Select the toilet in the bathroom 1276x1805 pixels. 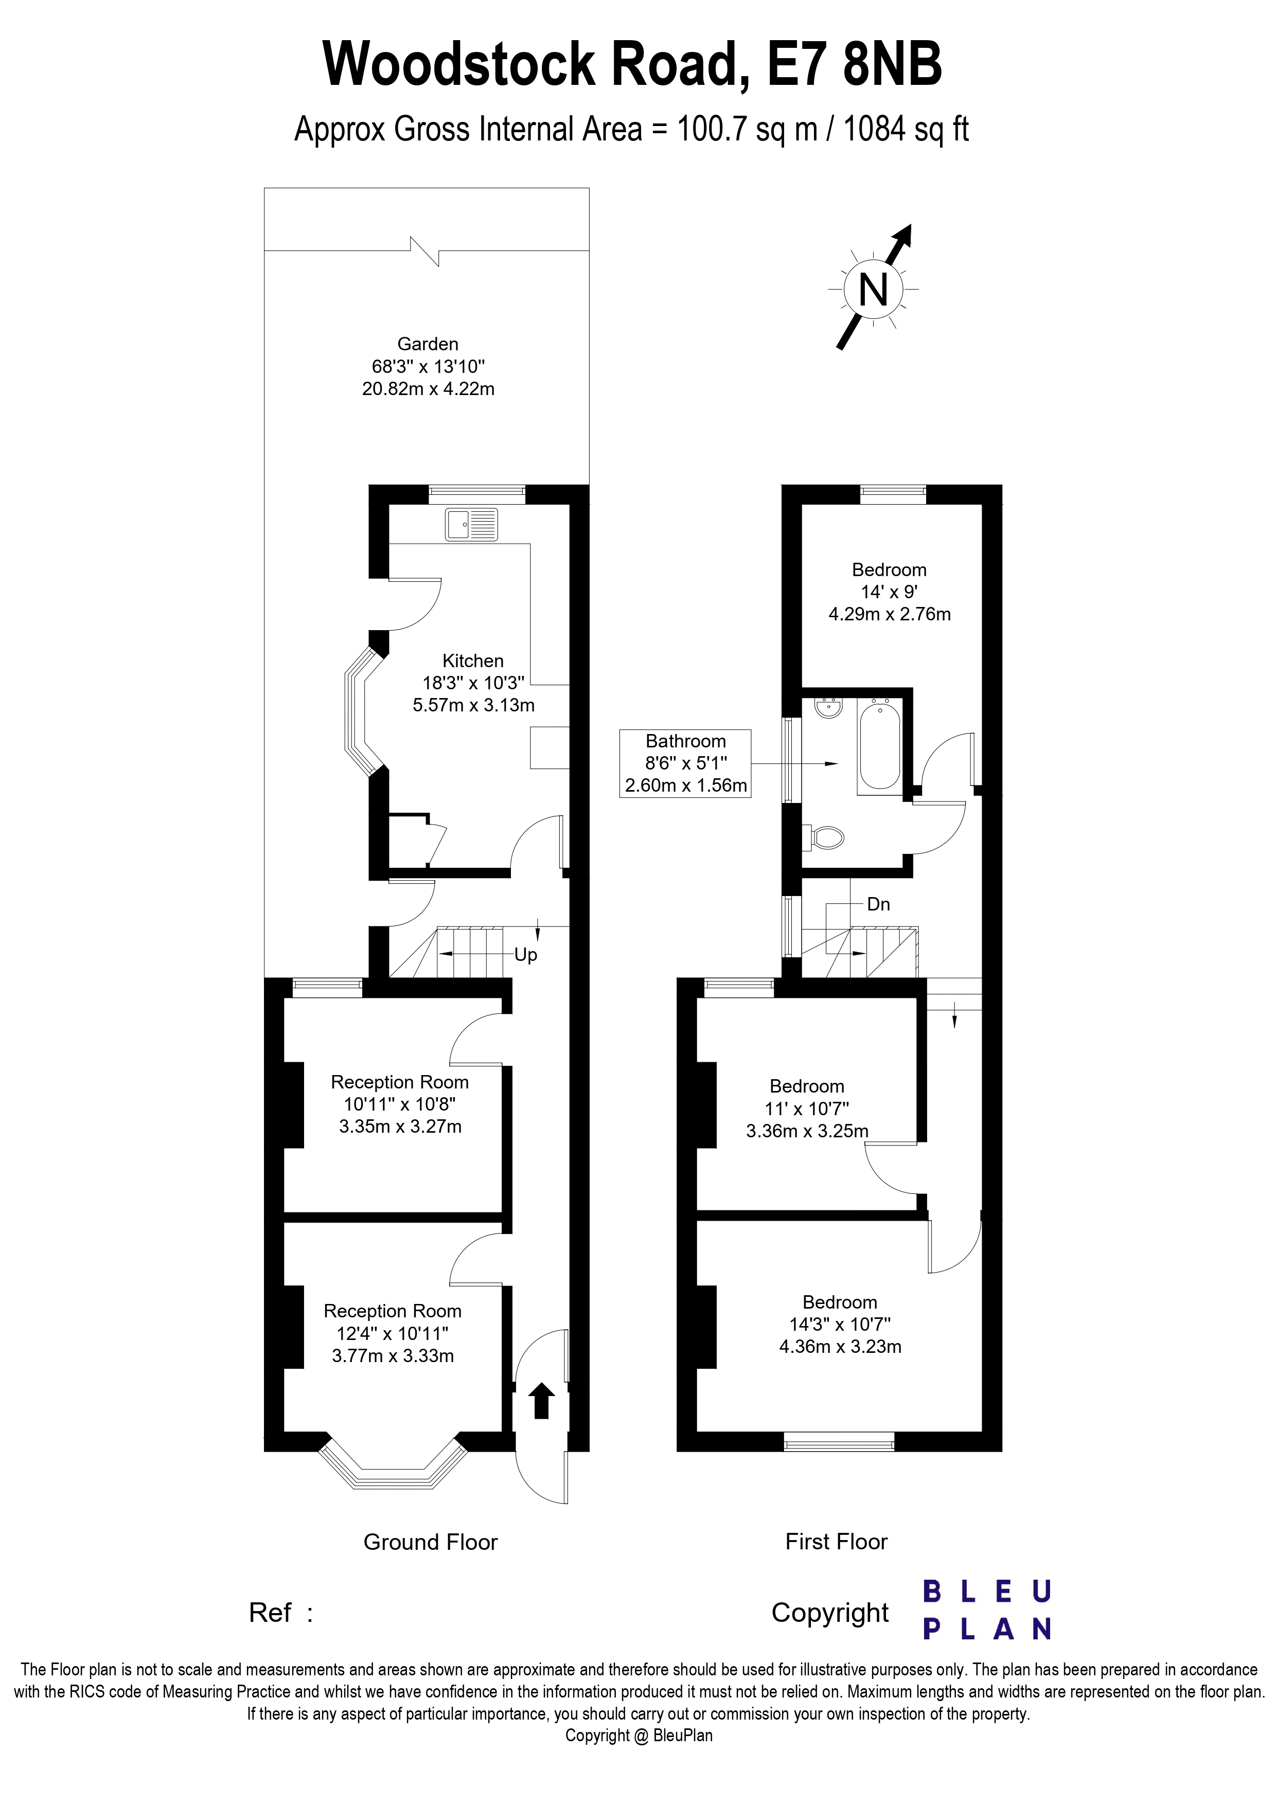[x=825, y=837]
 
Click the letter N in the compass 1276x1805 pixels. [x=873, y=290]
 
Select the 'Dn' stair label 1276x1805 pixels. [x=878, y=904]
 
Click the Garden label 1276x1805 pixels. [x=428, y=344]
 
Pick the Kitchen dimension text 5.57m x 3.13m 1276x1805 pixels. [x=473, y=705]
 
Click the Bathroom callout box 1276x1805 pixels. [x=685, y=763]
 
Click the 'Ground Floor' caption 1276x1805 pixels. [x=430, y=1542]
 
